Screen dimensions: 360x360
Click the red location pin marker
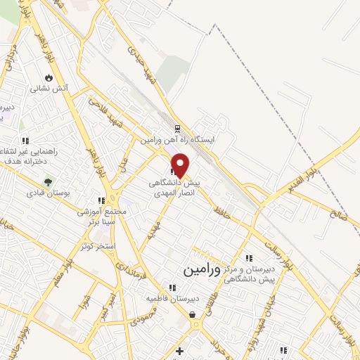click(x=181, y=165)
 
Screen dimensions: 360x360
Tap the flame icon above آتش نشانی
click(x=49, y=77)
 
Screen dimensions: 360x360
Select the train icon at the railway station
click(x=177, y=129)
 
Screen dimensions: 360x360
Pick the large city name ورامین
click(x=202, y=269)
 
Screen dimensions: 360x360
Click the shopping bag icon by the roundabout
click(x=193, y=315)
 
